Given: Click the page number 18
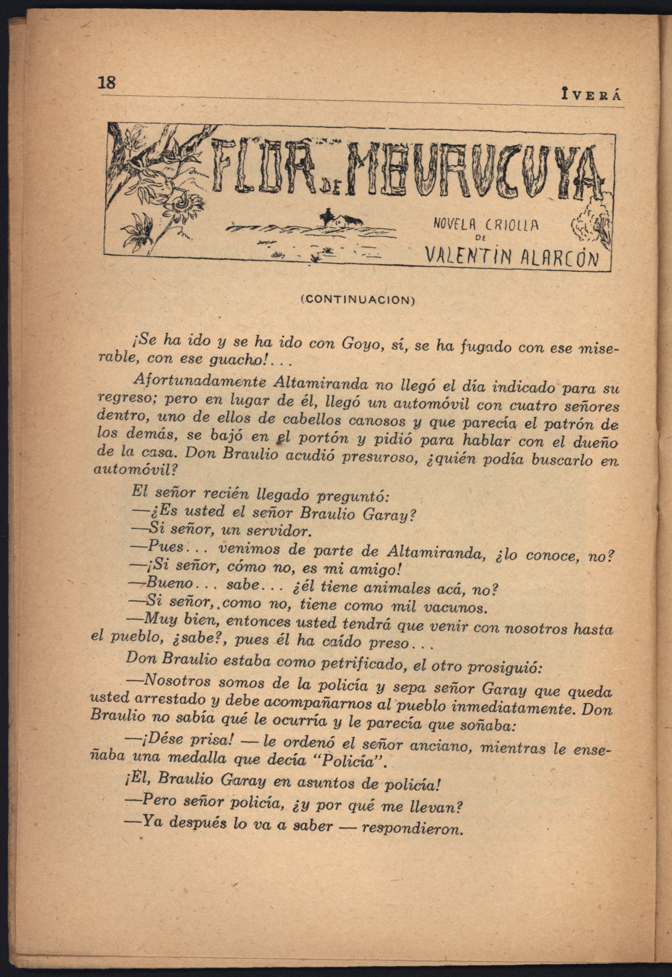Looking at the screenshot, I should coord(107,82).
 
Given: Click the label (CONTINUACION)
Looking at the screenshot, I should coord(358,300).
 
